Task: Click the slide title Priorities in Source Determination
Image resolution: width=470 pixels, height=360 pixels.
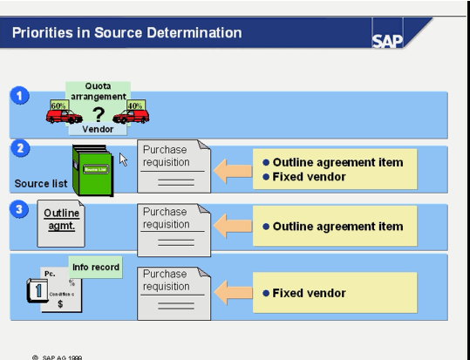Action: pyautogui.click(x=126, y=34)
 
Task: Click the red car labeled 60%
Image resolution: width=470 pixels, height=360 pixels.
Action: pyautogui.click(x=63, y=114)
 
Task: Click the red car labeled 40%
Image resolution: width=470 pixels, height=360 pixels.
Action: pyautogui.click(x=130, y=114)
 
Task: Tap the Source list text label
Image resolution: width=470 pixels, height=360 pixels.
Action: pyautogui.click(x=40, y=184)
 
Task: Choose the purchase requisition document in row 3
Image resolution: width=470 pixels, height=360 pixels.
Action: pyautogui.click(x=174, y=228)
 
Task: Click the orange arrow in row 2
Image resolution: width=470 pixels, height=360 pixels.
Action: pyautogui.click(x=233, y=169)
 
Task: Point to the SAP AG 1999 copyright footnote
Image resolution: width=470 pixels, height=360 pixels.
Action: pyautogui.click(x=58, y=356)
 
